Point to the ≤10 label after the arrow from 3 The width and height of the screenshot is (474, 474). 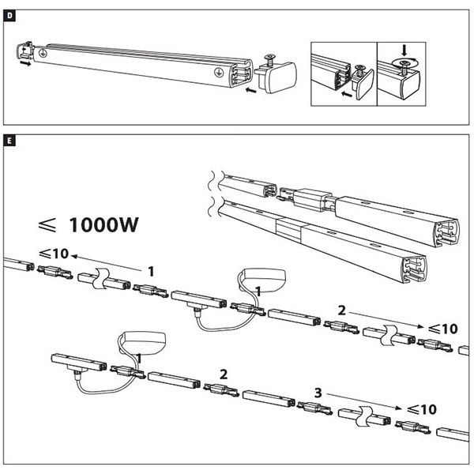[x=419, y=409]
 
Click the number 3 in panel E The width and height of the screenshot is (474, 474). [x=318, y=391]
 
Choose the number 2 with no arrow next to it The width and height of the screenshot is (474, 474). [x=224, y=373]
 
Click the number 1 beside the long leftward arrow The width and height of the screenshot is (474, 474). [x=151, y=271]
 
